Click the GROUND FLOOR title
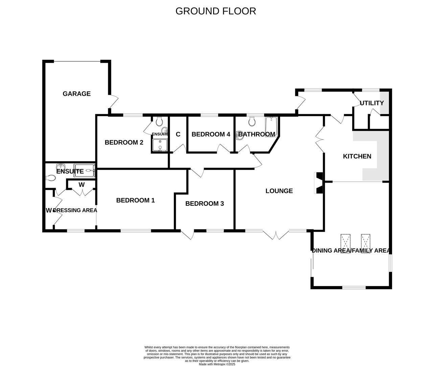click(215, 11)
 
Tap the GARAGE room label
click(76, 94)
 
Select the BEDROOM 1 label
click(135, 200)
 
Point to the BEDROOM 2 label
click(124, 142)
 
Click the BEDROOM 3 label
click(205, 204)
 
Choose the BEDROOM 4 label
click(211, 135)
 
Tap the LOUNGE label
click(279, 191)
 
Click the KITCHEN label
click(357, 156)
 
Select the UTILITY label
click(371, 103)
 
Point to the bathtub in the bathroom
click(271, 126)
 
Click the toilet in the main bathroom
click(252, 121)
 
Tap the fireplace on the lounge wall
click(318, 183)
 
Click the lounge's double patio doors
click(276, 235)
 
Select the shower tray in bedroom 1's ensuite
click(85, 171)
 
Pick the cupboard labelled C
click(178, 135)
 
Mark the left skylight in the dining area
click(345, 243)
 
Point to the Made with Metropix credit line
click(217, 364)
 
